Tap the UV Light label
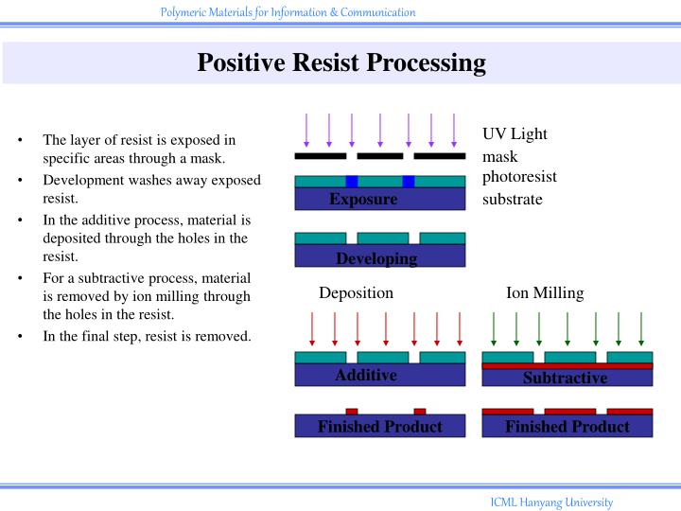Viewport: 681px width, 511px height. pos(515,133)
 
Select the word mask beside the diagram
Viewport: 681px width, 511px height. pos(499,156)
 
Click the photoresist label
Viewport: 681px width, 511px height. pos(519,177)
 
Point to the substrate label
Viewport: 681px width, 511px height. pos(512,199)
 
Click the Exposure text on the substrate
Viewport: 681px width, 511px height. pos(363,200)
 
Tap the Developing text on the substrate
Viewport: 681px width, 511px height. pos(376,258)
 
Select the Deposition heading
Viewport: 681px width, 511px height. pos(356,293)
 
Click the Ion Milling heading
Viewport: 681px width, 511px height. pos(545,293)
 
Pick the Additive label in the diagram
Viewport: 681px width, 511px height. pos(365,376)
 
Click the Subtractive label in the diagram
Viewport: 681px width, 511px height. pos(565,379)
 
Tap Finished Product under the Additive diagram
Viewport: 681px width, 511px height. pos(379,427)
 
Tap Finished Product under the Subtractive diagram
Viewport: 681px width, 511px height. pos(567,427)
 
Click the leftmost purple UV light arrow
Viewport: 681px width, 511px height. pos(306,130)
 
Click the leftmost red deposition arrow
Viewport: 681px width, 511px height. pos(312,328)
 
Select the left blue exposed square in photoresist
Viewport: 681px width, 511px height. pos(351,181)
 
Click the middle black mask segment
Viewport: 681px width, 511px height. pos(379,156)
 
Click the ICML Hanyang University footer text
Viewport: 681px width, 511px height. pos(550,502)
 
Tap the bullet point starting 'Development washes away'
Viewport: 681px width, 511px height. pos(151,188)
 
